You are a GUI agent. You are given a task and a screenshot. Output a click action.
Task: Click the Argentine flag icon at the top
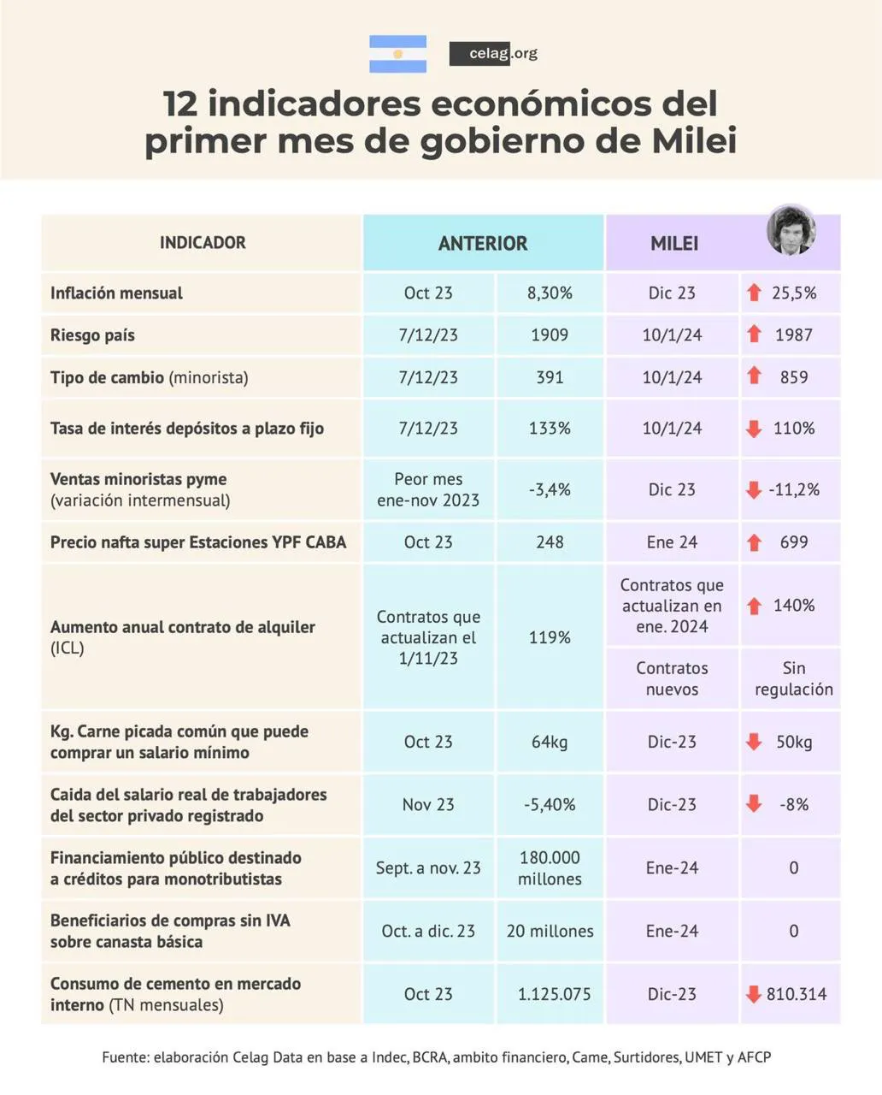[x=397, y=54]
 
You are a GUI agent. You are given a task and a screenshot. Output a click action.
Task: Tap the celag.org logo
[x=493, y=54]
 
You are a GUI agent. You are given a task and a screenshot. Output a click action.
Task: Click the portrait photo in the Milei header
[x=791, y=230]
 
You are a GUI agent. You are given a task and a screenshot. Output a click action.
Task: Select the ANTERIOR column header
[x=483, y=243]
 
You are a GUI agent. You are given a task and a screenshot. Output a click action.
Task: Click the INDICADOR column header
[x=203, y=243]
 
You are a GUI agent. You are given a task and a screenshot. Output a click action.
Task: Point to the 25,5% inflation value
[x=794, y=293]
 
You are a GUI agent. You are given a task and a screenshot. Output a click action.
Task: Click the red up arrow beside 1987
[x=754, y=334]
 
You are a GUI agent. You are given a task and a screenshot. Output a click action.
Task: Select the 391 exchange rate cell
[x=550, y=377]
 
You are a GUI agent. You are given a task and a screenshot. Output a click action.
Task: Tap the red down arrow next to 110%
[x=754, y=429]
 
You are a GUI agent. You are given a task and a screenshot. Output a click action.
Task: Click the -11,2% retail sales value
[x=794, y=489]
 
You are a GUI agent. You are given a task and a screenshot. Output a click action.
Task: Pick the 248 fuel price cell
[x=550, y=542]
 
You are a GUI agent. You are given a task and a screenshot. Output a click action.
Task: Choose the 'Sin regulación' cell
[x=794, y=678]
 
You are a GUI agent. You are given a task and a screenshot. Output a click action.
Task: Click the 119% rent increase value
[x=550, y=637]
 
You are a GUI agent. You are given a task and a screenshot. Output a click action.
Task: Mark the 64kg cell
[x=550, y=742]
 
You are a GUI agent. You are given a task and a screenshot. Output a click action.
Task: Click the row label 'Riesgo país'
[x=92, y=335]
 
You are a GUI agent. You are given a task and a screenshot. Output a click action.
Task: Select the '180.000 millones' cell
[x=550, y=867]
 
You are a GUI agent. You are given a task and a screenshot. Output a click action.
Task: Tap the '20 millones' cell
[x=550, y=931]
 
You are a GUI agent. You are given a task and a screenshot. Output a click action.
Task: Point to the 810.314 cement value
[x=797, y=994]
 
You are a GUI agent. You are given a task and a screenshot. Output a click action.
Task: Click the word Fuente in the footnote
[x=125, y=1057]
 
